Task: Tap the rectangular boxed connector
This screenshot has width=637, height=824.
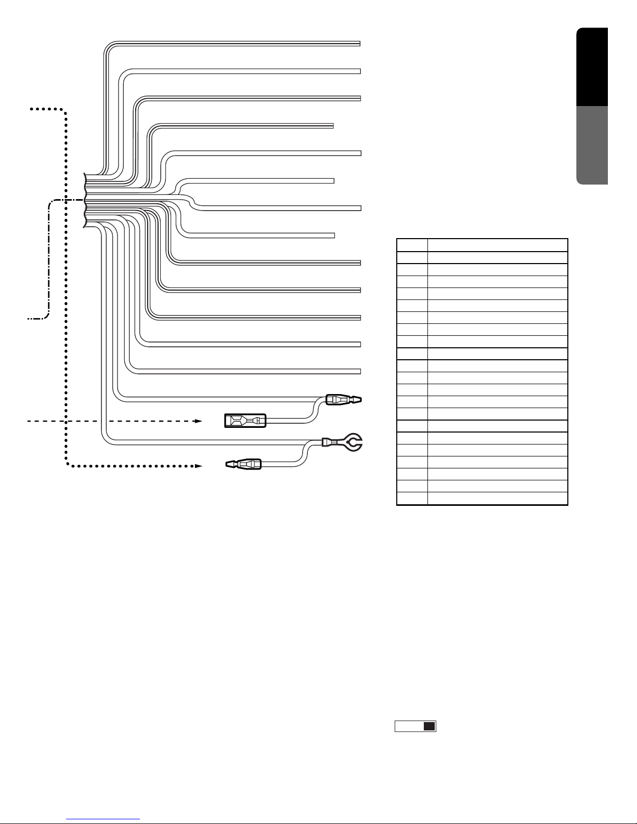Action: [x=245, y=421]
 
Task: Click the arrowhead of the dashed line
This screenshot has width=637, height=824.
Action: [x=199, y=421]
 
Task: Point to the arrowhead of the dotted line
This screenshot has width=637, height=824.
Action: [x=199, y=465]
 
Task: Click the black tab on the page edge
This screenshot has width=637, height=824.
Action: [x=592, y=67]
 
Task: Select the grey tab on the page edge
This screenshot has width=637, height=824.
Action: [x=592, y=145]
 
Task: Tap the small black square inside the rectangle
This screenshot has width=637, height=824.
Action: [x=428, y=727]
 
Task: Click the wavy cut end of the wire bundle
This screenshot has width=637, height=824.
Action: [x=84, y=201]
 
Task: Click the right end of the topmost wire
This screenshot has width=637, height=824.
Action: [x=359, y=43]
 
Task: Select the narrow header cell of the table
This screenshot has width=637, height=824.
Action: [x=412, y=245]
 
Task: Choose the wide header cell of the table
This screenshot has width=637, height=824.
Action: [x=497, y=245]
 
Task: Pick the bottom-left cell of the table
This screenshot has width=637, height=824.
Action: [x=412, y=499]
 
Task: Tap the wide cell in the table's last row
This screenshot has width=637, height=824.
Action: [x=497, y=499]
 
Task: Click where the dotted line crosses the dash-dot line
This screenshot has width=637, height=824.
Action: [x=67, y=200]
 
